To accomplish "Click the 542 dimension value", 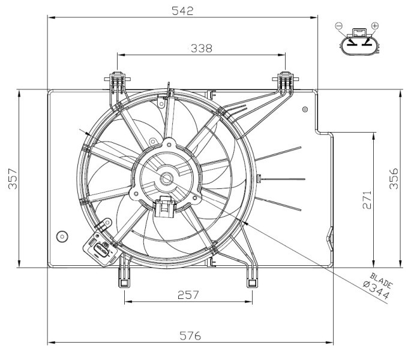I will (182, 10).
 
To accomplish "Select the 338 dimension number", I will (201, 49).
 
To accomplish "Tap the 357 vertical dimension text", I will (13, 179).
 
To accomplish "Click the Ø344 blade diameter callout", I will (376, 290).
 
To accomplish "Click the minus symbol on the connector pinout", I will (339, 25).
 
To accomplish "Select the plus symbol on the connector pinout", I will (376, 25).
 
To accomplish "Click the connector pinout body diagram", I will (358, 44).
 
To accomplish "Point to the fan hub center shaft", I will (167, 178).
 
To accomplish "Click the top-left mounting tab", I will (118, 80).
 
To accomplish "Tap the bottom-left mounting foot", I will (124, 280).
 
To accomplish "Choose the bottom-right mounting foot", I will (251, 280).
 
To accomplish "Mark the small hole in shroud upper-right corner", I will (305, 109).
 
